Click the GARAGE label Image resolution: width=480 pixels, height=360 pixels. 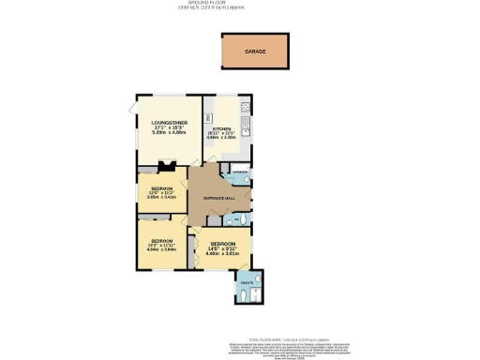(x=256, y=52)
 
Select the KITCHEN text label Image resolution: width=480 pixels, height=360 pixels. (x=221, y=129)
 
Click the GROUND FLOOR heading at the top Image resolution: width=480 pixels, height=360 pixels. (x=240, y=4)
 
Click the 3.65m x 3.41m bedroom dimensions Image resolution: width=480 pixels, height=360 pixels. (x=156, y=198)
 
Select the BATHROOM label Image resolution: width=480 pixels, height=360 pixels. (x=240, y=172)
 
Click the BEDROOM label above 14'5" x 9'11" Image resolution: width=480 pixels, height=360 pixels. (x=223, y=242)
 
